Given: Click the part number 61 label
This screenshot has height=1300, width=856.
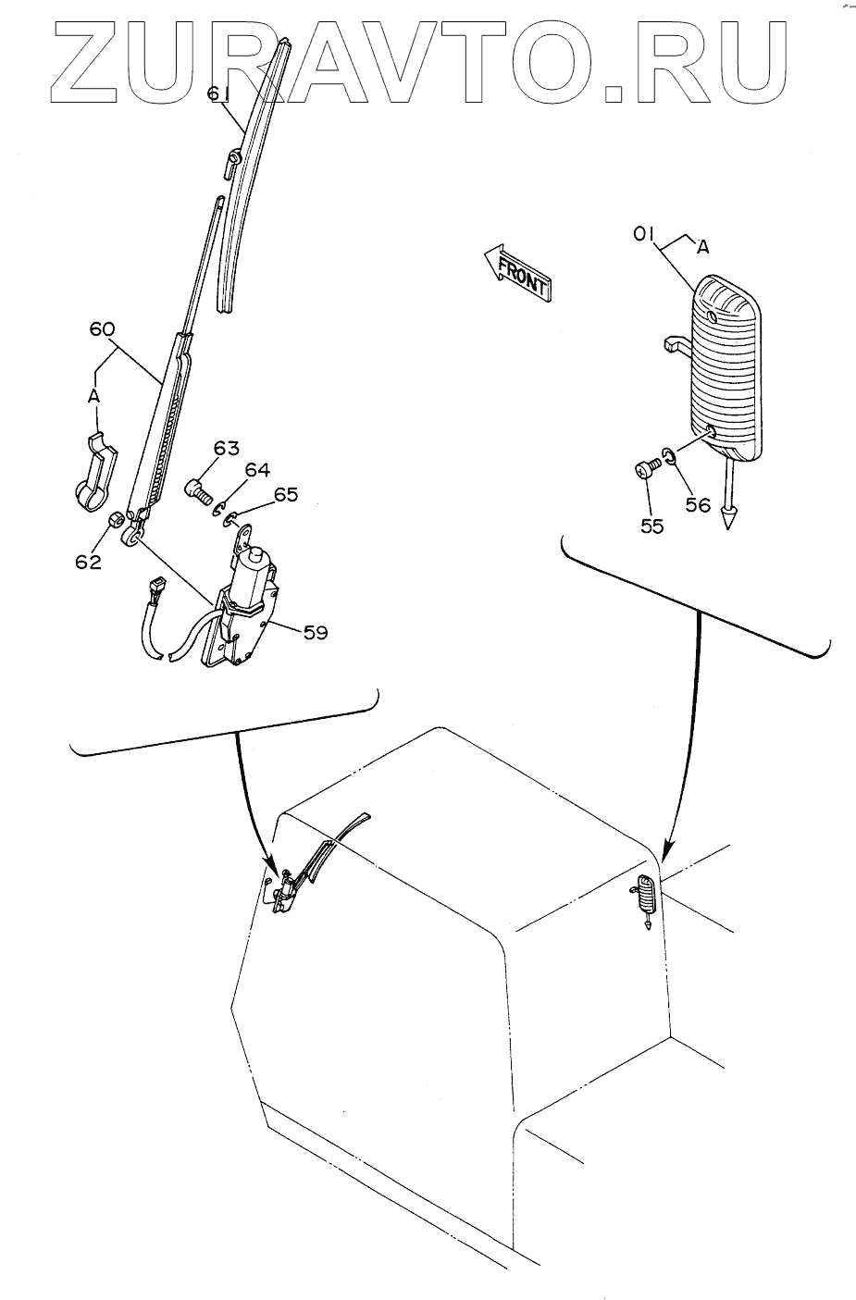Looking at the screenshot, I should tap(217, 93).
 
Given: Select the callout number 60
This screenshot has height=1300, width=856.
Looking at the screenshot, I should tap(103, 328).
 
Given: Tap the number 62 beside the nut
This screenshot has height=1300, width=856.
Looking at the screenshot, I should tap(89, 561).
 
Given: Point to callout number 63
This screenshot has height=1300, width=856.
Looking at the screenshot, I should tap(227, 449).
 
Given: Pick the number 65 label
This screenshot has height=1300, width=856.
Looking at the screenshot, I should tap(286, 494).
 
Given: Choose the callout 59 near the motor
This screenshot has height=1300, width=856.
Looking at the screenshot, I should tap(316, 633).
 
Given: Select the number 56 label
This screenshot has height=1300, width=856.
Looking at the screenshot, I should tap(698, 504).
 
